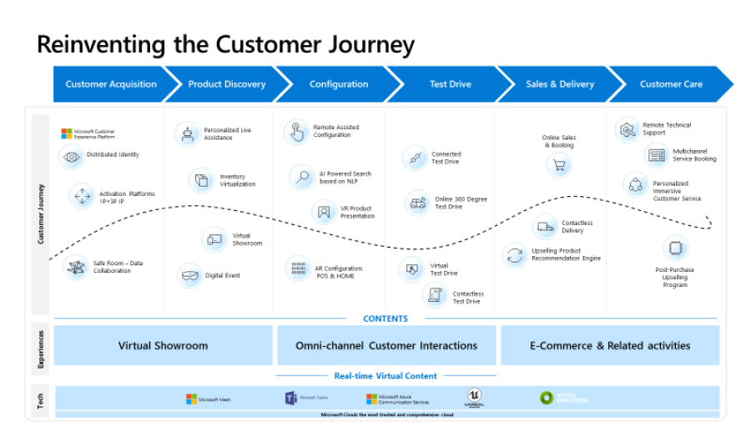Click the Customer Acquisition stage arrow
click(x=111, y=84)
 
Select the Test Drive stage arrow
click(x=450, y=84)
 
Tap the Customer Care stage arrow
click(x=671, y=84)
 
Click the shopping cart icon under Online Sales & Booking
click(x=558, y=165)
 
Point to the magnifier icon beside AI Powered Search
click(x=301, y=177)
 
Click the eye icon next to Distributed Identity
click(x=72, y=156)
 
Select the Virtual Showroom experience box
click(x=164, y=345)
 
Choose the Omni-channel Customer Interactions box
click(x=386, y=345)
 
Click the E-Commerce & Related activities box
click(x=610, y=345)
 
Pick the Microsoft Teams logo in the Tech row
click(x=291, y=399)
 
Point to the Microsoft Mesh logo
click(x=192, y=399)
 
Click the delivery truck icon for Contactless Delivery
click(x=545, y=226)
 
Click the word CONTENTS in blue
click(x=386, y=319)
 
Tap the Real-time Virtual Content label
click(x=386, y=376)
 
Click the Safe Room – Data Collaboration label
click(x=118, y=267)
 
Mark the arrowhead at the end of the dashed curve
click(x=708, y=223)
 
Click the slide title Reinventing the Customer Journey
click(x=225, y=43)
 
